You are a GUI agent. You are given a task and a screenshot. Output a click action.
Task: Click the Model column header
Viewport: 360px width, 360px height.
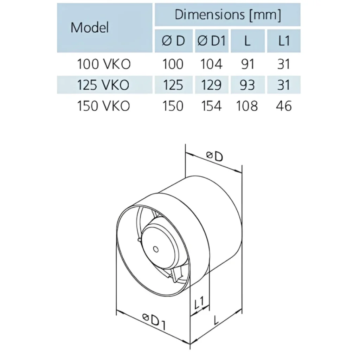[90, 27]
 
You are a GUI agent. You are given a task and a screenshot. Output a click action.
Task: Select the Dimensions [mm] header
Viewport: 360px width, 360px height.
[227, 15]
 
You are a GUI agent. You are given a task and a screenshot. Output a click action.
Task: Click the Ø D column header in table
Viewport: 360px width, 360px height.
[174, 41]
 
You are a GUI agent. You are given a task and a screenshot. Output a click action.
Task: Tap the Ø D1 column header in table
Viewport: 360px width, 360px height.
[211, 41]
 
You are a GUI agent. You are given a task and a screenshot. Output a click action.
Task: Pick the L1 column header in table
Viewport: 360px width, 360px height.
[283, 41]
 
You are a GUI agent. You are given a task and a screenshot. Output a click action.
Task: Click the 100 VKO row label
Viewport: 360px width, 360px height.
[104, 64]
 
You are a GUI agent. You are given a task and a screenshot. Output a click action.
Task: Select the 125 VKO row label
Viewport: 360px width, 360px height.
[104, 85]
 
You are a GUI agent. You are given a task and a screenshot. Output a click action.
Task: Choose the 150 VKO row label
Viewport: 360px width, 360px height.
[104, 106]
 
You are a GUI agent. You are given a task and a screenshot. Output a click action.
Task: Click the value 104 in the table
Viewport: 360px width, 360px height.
[211, 64]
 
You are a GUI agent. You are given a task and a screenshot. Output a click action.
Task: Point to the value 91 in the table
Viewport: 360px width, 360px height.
[247, 64]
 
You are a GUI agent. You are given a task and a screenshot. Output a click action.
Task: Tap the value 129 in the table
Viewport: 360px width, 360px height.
[211, 85]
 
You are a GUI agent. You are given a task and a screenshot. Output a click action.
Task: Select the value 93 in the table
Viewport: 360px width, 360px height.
[247, 85]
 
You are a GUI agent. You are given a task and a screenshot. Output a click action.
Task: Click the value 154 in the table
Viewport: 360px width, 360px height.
[211, 106]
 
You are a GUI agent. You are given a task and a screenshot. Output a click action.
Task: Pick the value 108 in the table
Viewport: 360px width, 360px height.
[247, 106]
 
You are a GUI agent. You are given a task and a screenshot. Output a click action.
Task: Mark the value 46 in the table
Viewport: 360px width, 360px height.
[283, 106]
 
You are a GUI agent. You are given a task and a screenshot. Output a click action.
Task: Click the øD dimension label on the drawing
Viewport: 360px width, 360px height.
[214, 156]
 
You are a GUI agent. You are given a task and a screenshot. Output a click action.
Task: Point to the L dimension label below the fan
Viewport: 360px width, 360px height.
[216, 320]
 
